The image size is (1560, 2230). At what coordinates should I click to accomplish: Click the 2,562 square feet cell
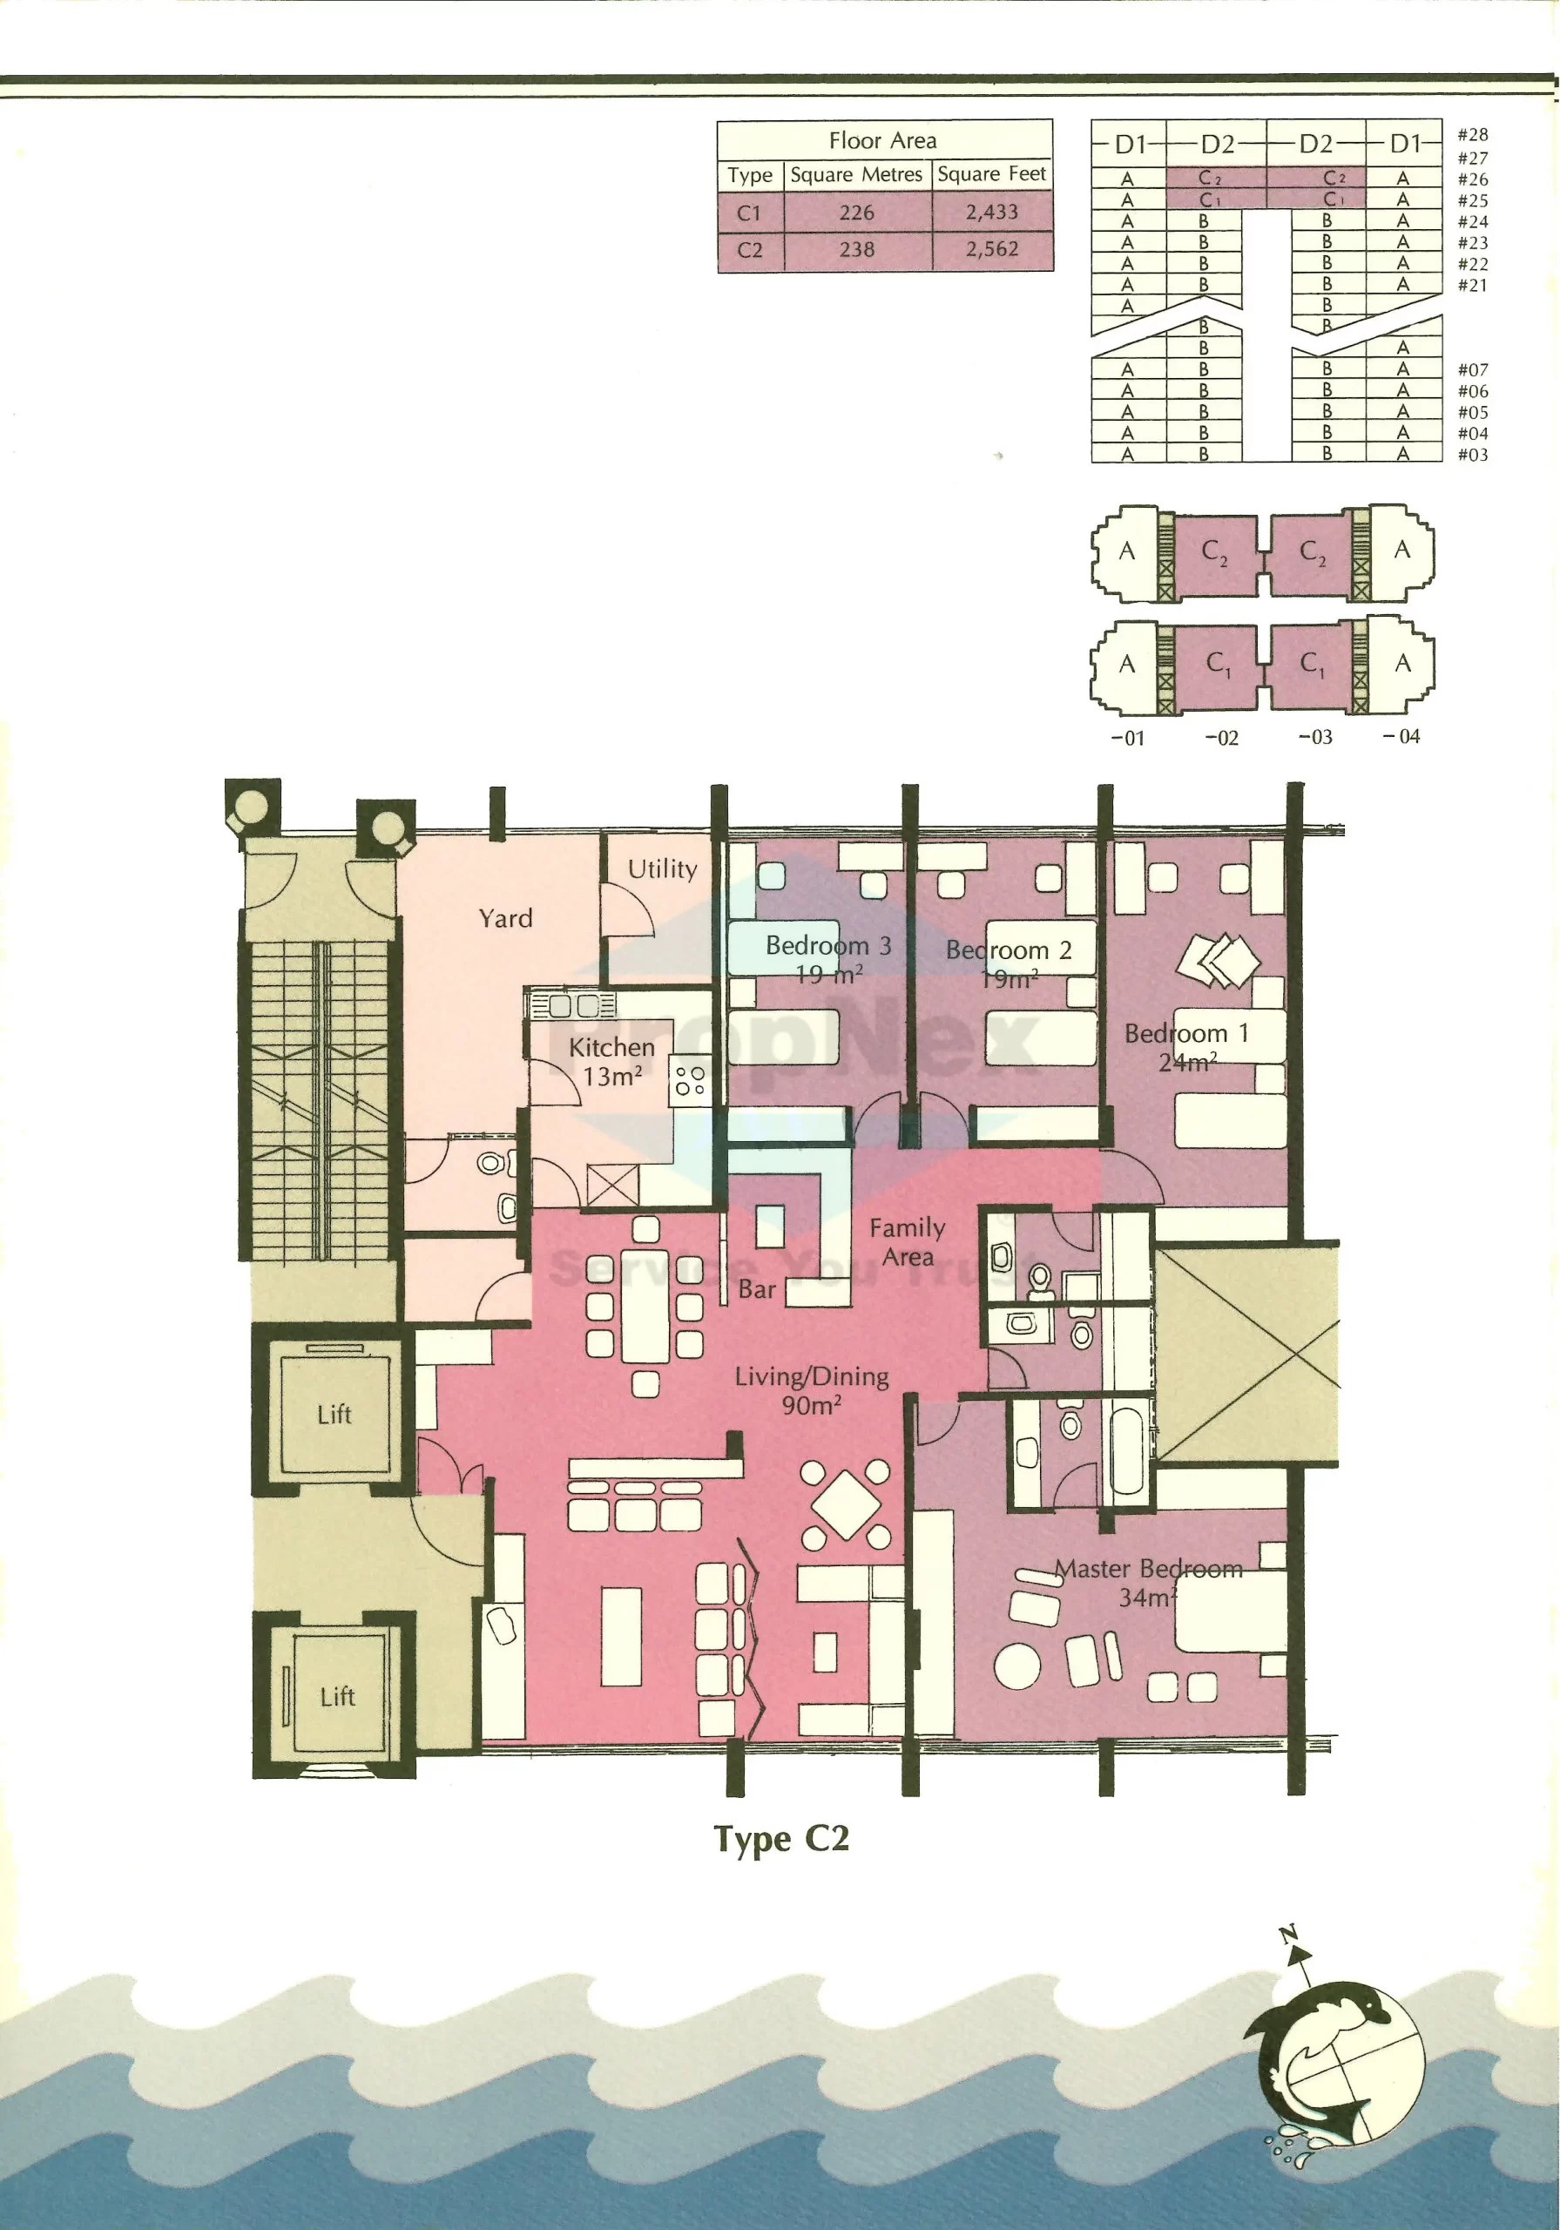(x=992, y=250)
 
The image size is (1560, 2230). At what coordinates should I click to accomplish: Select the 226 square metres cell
(x=857, y=213)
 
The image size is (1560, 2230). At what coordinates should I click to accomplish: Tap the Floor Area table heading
(x=883, y=141)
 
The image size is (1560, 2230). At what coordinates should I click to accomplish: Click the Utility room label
(x=663, y=869)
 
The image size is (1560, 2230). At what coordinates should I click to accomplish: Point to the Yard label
(x=505, y=919)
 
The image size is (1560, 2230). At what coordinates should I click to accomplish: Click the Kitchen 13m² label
(x=612, y=1062)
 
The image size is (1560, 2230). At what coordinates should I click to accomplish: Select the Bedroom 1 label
(x=1186, y=1047)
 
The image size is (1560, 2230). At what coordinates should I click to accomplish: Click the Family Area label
(x=908, y=1242)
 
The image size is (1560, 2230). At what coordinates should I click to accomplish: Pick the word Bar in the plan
(x=757, y=1290)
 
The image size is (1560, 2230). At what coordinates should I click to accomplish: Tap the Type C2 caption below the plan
(x=781, y=1839)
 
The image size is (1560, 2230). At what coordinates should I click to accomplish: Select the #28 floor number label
(x=1473, y=135)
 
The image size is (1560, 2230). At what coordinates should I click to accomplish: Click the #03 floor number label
(x=1473, y=455)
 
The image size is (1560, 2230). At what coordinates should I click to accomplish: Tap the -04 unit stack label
(x=1401, y=737)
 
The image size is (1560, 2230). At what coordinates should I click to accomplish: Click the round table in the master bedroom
(x=1017, y=1665)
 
